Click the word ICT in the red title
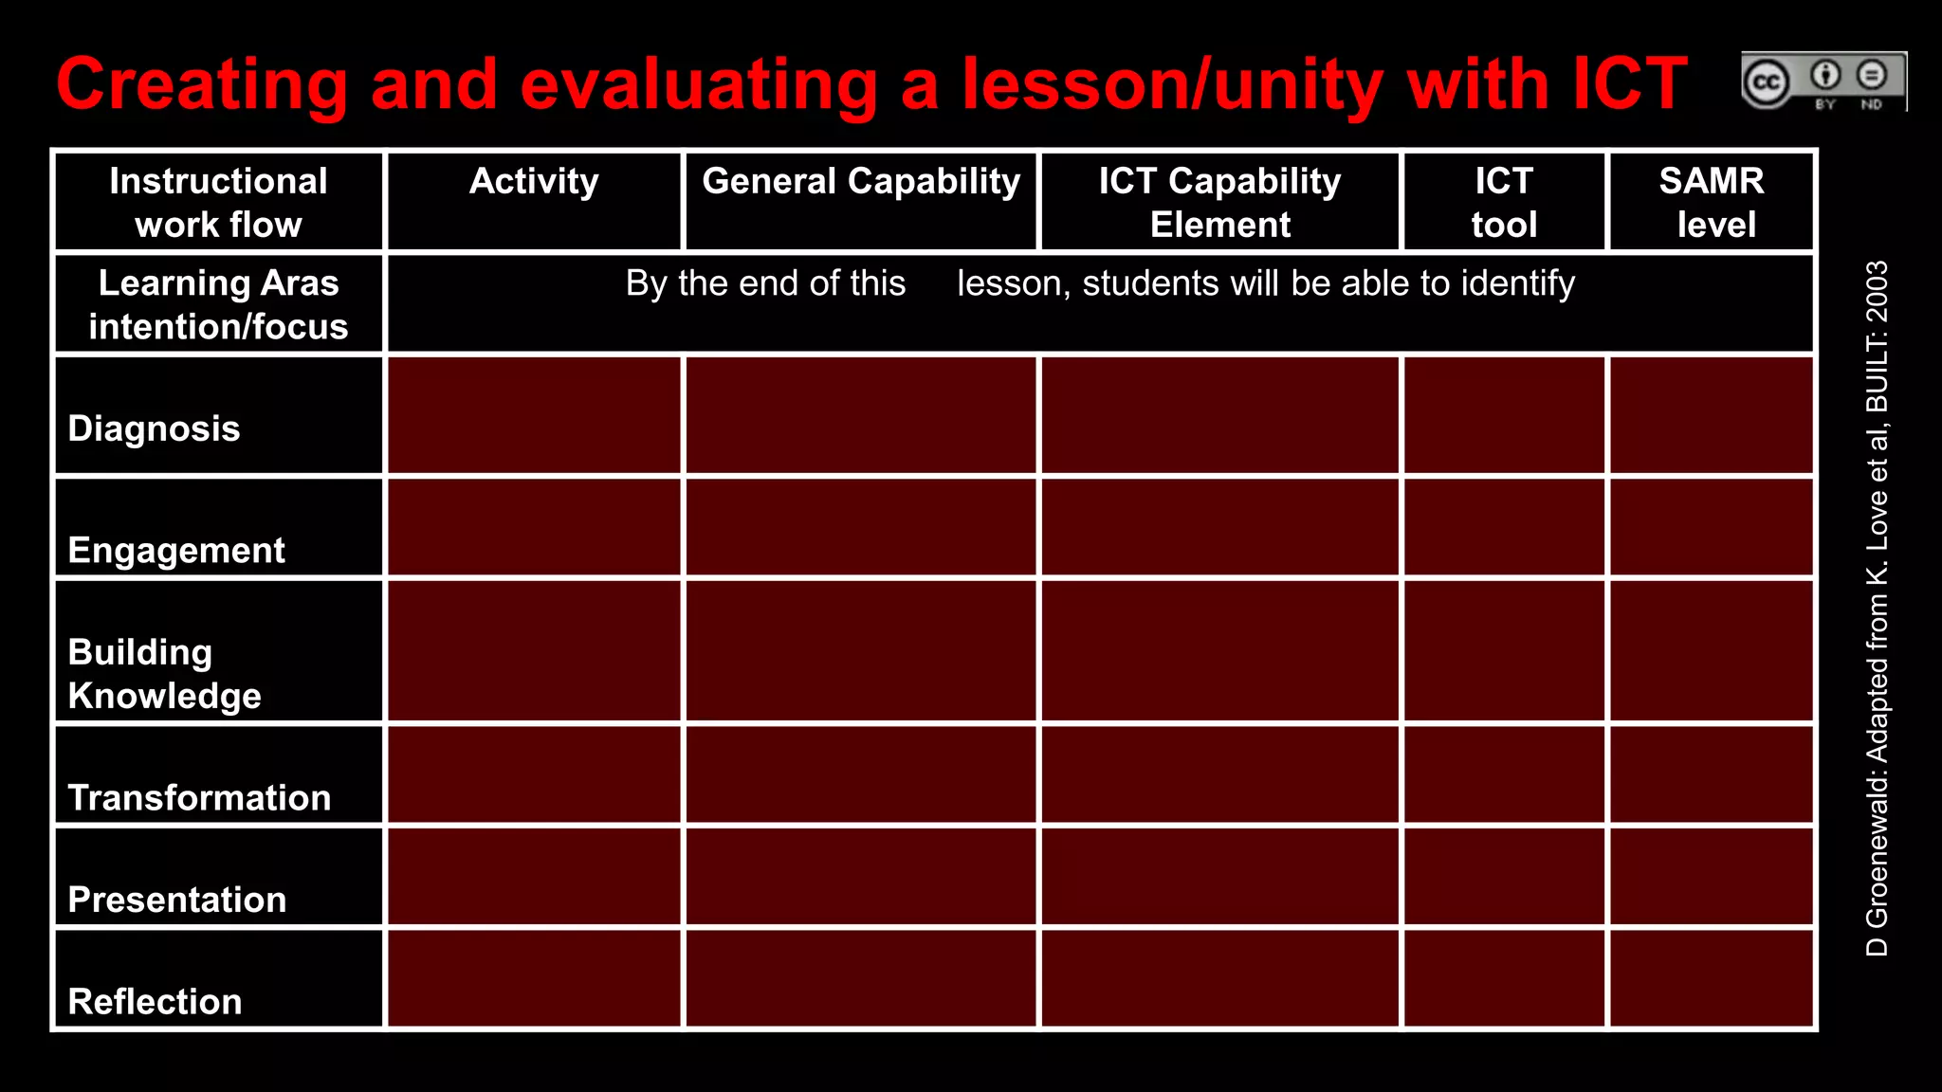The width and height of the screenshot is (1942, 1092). point(1629,84)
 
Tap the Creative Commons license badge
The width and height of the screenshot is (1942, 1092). point(1823,82)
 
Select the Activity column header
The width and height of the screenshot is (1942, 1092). point(534,181)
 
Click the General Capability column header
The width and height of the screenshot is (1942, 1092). point(861,181)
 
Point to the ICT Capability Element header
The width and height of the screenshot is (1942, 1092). point(1219,202)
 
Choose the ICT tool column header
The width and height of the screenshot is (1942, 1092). point(1504,202)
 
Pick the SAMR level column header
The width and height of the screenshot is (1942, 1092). point(1712,202)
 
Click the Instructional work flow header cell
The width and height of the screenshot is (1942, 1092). point(218,202)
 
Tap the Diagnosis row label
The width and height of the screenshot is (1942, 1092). point(155,428)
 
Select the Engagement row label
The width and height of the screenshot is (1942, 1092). point(176,550)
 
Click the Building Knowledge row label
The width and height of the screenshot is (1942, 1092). point(164,673)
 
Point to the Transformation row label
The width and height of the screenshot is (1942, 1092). point(199,797)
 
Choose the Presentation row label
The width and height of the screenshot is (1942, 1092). point(177,899)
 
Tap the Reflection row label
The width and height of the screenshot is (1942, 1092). point(156,1001)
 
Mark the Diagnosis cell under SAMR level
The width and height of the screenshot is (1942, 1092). point(1712,415)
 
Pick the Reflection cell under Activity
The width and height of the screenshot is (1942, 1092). point(534,978)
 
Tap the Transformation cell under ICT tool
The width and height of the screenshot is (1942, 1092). point(1504,774)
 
